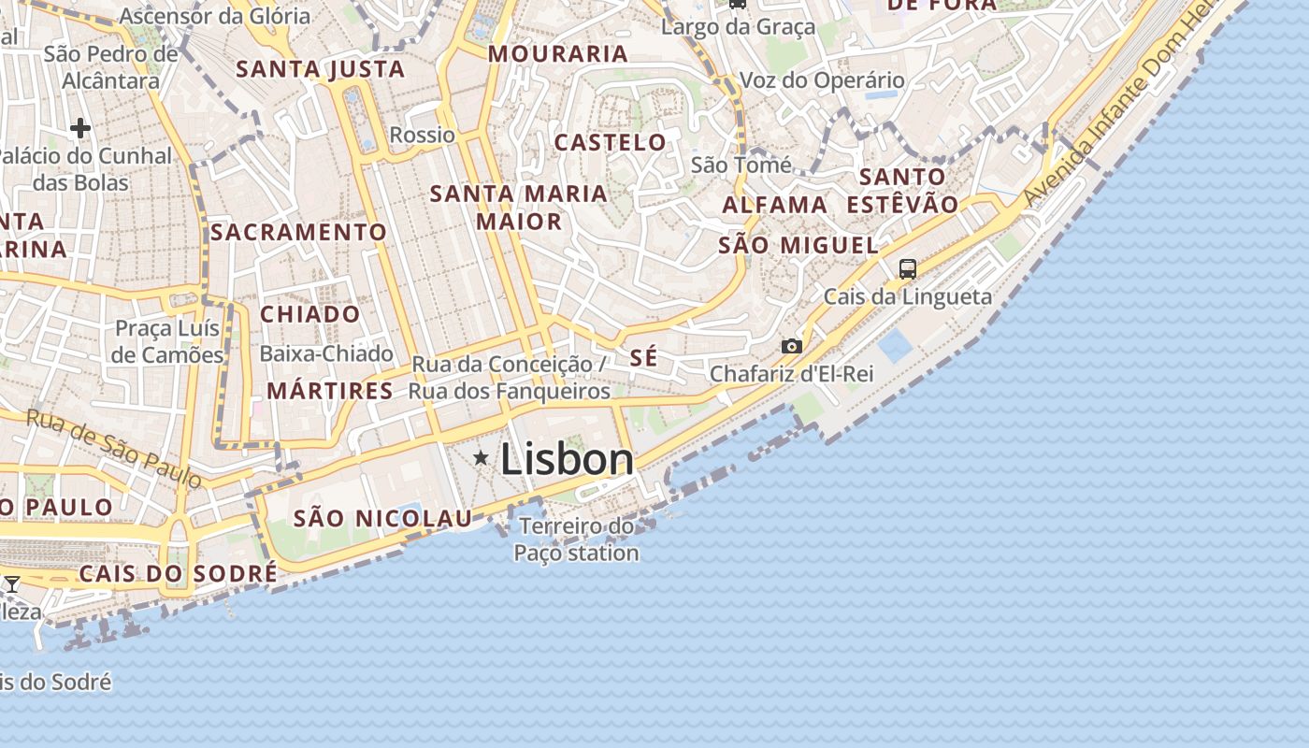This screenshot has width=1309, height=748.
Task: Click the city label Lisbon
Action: click(x=567, y=459)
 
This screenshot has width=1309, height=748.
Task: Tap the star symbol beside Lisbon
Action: click(x=482, y=457)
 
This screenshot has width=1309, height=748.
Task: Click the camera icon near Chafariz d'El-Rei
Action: click(x=792, y=347)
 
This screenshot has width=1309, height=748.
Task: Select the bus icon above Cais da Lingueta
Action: click(x=907, y=269)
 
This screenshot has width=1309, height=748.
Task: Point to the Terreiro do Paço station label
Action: click(x=576, y=539)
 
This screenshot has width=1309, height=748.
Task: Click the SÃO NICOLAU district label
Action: click(x=383, y=518)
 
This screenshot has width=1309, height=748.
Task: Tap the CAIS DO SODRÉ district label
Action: click(x=178, y=573)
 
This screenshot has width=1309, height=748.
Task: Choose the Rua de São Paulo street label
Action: click(x=114, y=448)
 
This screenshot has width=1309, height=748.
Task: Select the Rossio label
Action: click(x=423, y=135)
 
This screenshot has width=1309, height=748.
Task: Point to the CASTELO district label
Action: click(x=611, y=143)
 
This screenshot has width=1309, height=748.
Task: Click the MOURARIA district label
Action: click(x=558, y=54)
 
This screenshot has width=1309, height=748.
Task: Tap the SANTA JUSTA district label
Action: click(x=321, y=69)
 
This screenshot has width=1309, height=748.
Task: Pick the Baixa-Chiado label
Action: click(x=326, y=353)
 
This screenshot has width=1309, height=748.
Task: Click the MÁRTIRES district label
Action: click(x=330, y=391)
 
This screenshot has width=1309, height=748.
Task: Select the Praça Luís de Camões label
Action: click(x=167, y=341)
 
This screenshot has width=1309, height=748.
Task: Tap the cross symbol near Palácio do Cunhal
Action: click(x=80, y=127)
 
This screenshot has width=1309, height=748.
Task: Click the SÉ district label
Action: click(x=644, y=357)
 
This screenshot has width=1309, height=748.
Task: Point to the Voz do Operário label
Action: click(x=822, y=80)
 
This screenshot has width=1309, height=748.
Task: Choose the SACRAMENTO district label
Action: click(x=299, y=232)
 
